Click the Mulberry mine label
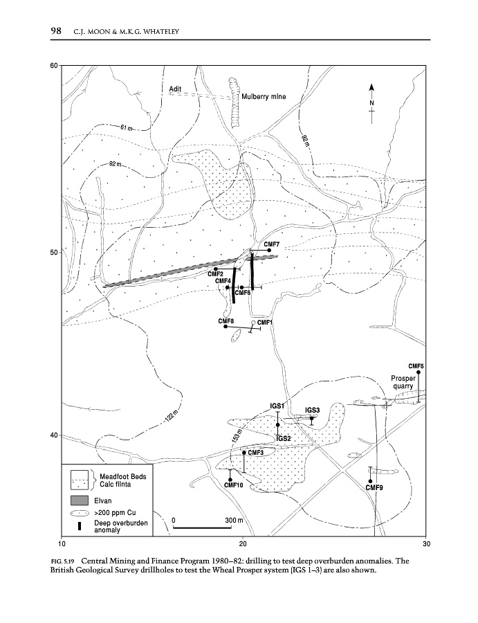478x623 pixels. pyautogui.click(x=264, y=97)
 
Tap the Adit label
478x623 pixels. pyautogui.click(x=175, y=88)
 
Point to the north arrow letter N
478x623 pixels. pyautogui.click(x=371, y=103)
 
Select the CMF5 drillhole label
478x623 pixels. pyautogui.click(x=416, y=365)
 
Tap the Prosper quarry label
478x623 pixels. pyautogui.click(x=403, y=382)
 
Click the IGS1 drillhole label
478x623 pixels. pyautogui.click(x=277, y=405)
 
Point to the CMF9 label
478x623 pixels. pyautogui.click(x=374, y=487)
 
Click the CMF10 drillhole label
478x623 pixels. pyautogui.click(x=234, y=485)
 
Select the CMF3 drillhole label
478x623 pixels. pyautogui.click(x=256, y=453)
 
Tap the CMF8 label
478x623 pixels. pyautogui.click(x=226, y=321)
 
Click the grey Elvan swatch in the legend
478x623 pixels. pyautogui.click(x=81, y=500)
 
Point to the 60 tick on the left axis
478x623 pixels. pyautogui.click(x=53, y=66)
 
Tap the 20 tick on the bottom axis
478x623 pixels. pyautogui.click(x=243, y=543)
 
